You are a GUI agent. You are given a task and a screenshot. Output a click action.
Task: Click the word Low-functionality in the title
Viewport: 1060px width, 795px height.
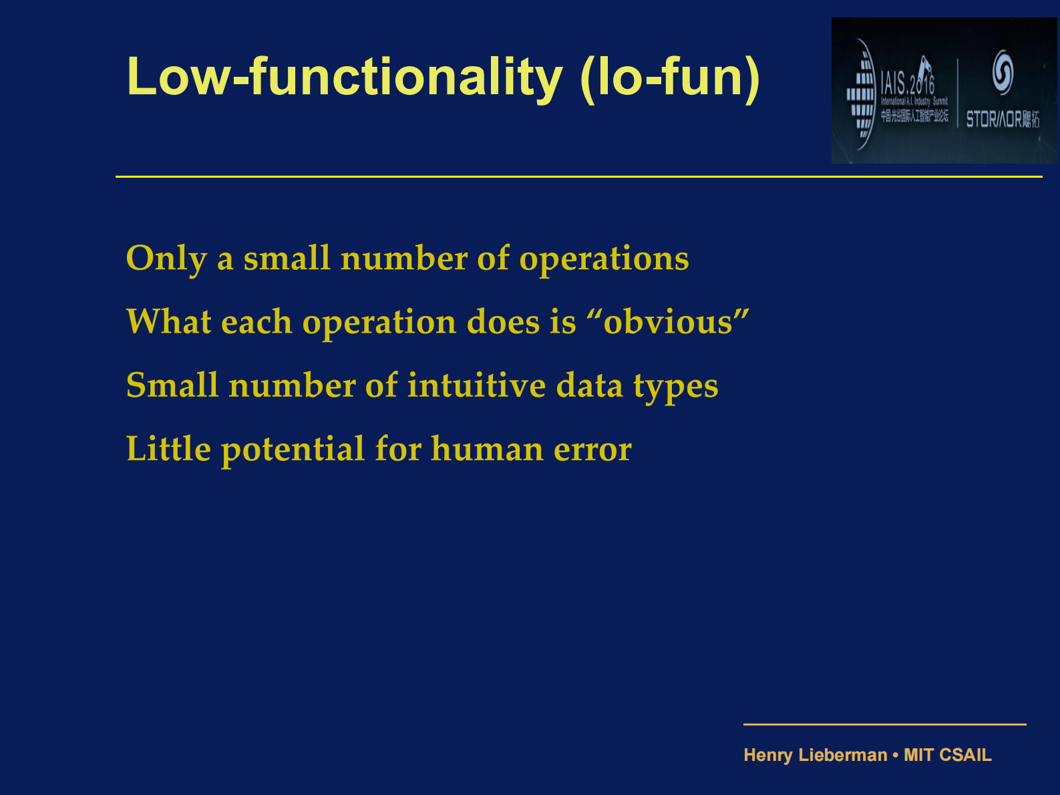345,77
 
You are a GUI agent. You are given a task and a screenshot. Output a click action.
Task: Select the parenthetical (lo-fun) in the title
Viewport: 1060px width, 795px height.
670,77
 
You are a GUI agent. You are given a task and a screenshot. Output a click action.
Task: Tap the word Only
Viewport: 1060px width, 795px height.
166,259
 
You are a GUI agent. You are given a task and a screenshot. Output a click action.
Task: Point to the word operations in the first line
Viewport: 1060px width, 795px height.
604,259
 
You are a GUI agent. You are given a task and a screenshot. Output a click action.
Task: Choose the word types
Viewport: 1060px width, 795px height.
675,387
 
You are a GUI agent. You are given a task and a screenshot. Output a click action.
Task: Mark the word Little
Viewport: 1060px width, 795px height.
168,448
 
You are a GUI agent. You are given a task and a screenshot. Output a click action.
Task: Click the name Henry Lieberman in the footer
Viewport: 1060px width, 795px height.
816,755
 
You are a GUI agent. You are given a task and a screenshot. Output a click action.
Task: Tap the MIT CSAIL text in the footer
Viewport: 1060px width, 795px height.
947,755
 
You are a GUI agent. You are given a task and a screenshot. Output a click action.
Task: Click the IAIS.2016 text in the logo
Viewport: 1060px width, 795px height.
907,84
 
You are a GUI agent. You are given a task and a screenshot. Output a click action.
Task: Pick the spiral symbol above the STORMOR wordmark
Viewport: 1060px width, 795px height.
1003,71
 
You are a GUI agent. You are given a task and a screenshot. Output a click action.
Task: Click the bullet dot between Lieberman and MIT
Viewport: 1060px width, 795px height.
896,755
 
